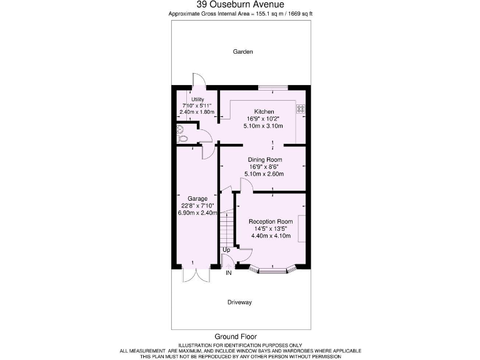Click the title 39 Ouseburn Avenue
(240, 4)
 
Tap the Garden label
(242, 52)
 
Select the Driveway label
(239, 302)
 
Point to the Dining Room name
(266, 159)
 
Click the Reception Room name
(271, 222)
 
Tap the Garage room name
(197, 199)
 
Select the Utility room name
(197, 99)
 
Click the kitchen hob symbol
(300, 108)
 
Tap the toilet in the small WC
(181, 130)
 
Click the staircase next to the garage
(226, 227)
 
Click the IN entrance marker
(229, 273)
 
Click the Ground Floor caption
(236, 336)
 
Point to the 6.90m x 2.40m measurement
(197, 213)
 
